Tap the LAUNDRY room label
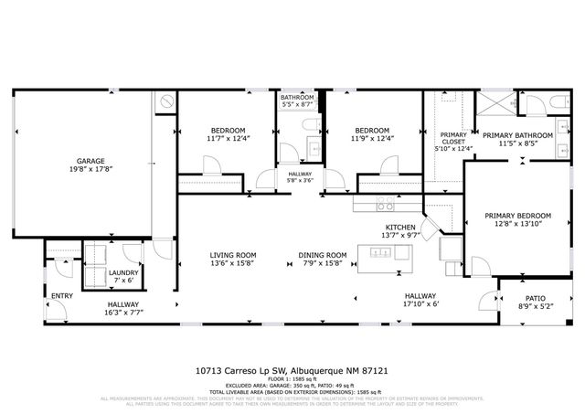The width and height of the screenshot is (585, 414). (x=123, y=272)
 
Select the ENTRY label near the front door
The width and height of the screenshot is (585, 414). (x=62, y=295)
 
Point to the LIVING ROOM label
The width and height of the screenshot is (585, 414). (x=233, y=255)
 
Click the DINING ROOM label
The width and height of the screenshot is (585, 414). (x=323, y=255)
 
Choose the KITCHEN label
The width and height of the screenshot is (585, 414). (x=400, y=227)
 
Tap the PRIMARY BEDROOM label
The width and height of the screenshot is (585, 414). (x=517, y=215)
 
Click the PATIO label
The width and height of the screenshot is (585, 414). (x=535, y=298)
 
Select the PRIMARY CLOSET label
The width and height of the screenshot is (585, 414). (x=454, y=138)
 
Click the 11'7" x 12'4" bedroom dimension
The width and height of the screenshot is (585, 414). (x=223, y=139)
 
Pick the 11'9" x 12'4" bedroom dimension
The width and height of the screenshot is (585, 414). (x=372, y=139)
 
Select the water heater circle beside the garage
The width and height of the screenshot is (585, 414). (x=166, y=101)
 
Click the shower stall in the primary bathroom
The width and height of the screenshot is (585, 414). (x=503, y=101)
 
